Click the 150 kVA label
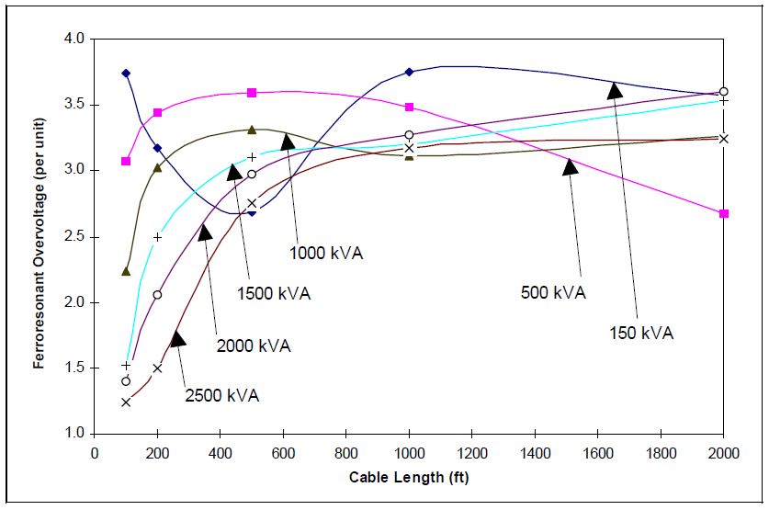(x=641, y=333)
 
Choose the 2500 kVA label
(x=222, y=395)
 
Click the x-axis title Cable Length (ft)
(x=409, y=478)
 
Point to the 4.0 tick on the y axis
(x=74, y=40)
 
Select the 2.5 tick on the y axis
(x=74, y=236)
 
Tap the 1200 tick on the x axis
(x=472, y=452)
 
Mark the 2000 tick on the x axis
(x=724, y=452)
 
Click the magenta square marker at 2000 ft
(x=724, y=213)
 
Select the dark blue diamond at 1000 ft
(x=410, y=72)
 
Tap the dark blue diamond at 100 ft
(x=126, y=73)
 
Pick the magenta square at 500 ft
(x=252, y=93)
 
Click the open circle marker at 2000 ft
(x=724, y=92)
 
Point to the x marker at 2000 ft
(x=724, y=139)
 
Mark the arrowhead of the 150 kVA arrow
(x=615, y=89)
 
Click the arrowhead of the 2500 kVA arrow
(x=177, y=338)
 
